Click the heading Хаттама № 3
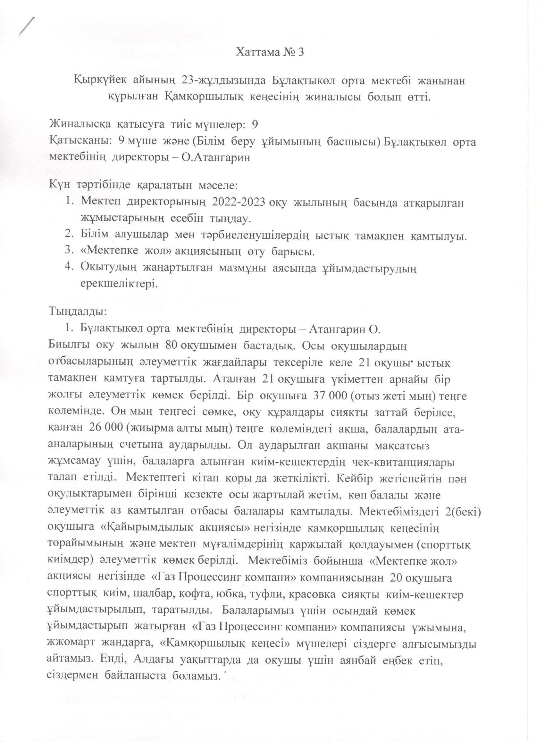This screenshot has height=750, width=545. pos(270,53)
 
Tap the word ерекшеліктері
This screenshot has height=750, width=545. pos(118,284)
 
